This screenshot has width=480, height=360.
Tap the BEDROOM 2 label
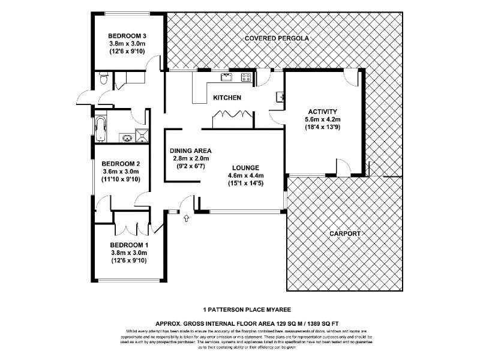pyautogui.click(x=121, y=163)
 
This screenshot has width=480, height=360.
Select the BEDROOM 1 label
pyautogui.click(x=128, y=245)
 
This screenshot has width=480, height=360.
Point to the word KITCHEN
pyautogui.click(x=227, y=98)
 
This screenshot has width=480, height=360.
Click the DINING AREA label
pyautogui.click(x=191, y=151)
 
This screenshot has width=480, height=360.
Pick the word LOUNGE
pyautogui.click(x=247, y=167)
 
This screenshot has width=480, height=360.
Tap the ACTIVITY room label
pyautogui.click(x=323, y=112)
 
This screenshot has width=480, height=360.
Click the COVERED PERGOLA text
pyautogui.click(x=277, y=38)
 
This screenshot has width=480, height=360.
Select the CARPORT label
pyautogui.click(x=344, y=233)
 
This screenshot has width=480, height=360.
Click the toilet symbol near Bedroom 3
pyautogui.click(x=104, y=79)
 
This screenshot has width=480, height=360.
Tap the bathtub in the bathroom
pyautogui.click(x=100, y=129)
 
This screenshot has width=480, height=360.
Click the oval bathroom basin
pyautogui.click(x=127, y=137)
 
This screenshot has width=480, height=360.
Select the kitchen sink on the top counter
pyautogui.click(x=226, y=76)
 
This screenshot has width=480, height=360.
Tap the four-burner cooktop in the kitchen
pyautogui.click(x=245, y=76)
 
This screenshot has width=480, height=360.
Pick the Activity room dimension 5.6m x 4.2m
pyautogui.click(x=323, y=119)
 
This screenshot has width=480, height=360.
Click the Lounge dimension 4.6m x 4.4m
pyautogui.click(x=247, y=175)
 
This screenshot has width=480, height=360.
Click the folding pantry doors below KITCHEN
pyautogui.click(x=232, y=115)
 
